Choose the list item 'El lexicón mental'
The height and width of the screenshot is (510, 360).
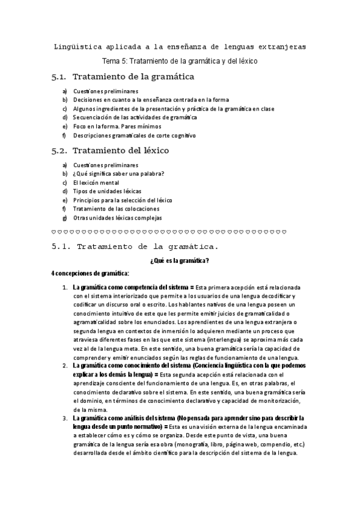pos(96,182)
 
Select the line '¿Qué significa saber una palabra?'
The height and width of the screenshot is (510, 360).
pos(118,174)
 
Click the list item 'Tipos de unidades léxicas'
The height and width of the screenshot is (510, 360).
pos(107,191)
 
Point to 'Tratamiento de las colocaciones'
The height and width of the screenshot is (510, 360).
pos(117,209)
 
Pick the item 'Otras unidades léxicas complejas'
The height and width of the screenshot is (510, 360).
pos(117,218)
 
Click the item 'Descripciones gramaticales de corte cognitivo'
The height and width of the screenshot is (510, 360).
pos(134,136)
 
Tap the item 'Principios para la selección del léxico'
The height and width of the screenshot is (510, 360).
pos(123,200)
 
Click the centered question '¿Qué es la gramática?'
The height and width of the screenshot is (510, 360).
pos(179,260)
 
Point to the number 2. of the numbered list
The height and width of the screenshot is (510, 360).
pos(65,365)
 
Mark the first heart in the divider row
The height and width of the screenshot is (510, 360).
pos(55,232)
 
